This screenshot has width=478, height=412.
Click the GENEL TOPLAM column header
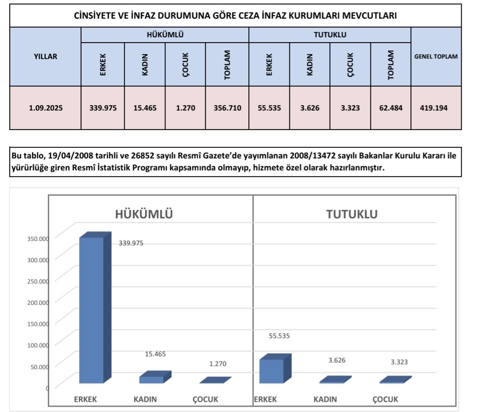click(436, 57)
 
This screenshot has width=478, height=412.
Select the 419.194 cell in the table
click(436, 108)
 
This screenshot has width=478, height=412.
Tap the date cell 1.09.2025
click(45, 108)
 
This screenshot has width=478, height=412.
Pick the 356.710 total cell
click(227, 108)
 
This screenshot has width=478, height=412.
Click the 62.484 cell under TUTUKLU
click(391, 108)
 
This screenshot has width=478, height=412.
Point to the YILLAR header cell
click(45, 57)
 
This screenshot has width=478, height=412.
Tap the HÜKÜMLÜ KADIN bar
click(152, 379)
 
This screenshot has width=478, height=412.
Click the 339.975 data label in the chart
click(131, 243)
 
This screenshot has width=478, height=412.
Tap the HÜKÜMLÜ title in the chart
click(143, 215)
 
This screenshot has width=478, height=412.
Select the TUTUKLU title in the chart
click(352, 215)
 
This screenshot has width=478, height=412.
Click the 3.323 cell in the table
click(350, 108)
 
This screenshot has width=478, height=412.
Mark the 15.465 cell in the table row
click(145, 108)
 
